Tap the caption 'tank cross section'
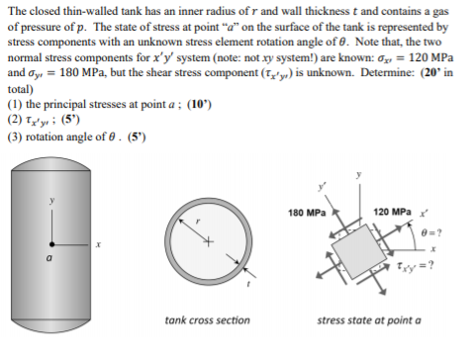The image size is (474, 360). pyautogui.click(x=207, y=320)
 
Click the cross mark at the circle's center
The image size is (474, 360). pyautogui.click(x=210, y=240)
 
